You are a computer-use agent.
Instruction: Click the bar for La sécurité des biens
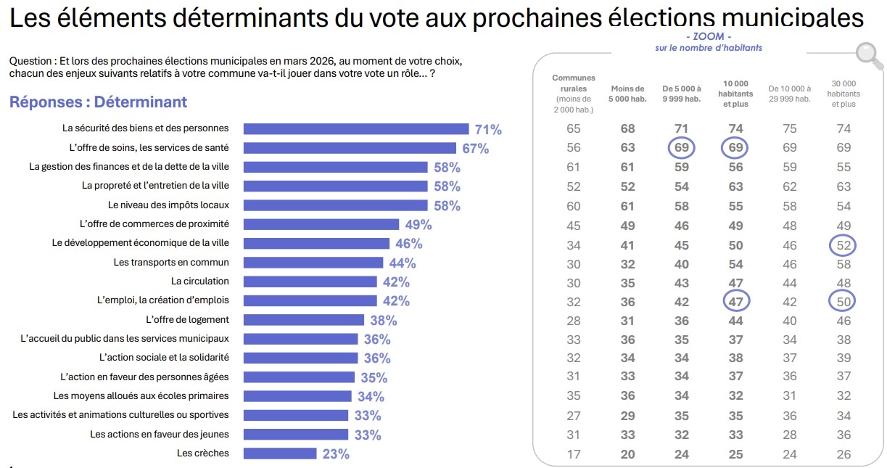point(355,129)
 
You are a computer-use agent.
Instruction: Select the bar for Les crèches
point(280,453)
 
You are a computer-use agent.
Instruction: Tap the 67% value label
point(475,149)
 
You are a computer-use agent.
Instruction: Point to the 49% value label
point(418,225)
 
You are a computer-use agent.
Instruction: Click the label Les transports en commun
point(171,262)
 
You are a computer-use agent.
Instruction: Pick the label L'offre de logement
point(187,319)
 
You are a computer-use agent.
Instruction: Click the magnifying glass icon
point(865,54)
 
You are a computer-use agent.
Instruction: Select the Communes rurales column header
point(573,94)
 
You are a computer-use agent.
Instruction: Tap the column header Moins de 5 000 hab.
point(627,94)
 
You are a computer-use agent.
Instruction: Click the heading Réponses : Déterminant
point(98,102)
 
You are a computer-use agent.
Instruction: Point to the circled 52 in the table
point(843,245)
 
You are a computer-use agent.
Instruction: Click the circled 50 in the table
point(843,301)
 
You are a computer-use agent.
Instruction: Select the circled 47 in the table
point(735,301)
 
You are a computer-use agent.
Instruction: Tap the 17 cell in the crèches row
point(573,454)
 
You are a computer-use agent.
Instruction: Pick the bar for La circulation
point(310,282)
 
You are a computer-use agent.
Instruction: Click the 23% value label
point(335,454)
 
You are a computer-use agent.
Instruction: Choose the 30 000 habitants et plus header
point(843,94)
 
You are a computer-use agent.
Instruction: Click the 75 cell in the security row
point(789,129)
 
